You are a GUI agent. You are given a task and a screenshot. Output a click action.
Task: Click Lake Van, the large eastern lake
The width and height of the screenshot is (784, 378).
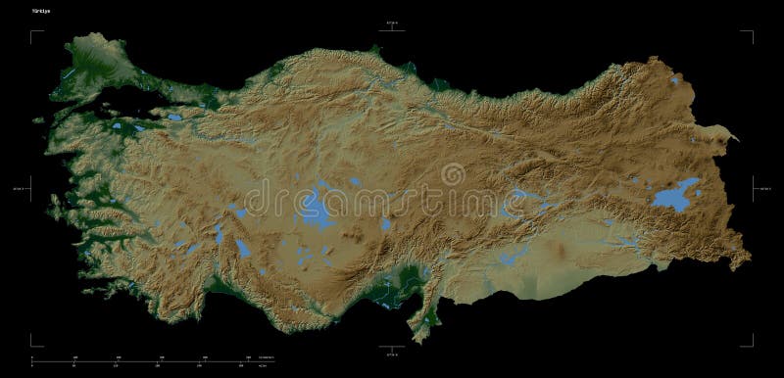click(x=676, y=197)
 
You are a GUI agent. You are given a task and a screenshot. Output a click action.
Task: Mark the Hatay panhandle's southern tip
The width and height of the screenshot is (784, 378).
click(x=420, y=338)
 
